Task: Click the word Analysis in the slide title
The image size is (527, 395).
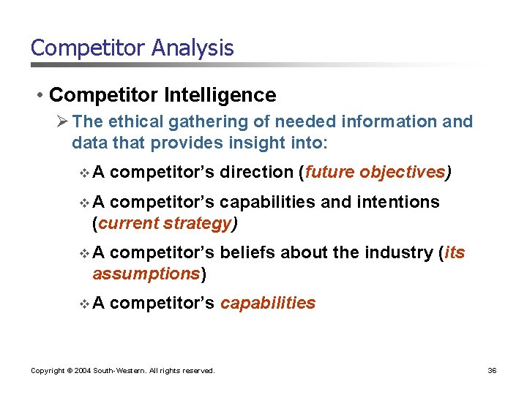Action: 193,48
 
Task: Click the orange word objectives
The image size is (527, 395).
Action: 401,172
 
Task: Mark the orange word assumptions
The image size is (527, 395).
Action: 146,274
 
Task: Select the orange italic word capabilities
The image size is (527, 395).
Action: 268,303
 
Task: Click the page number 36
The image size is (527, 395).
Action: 492,371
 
